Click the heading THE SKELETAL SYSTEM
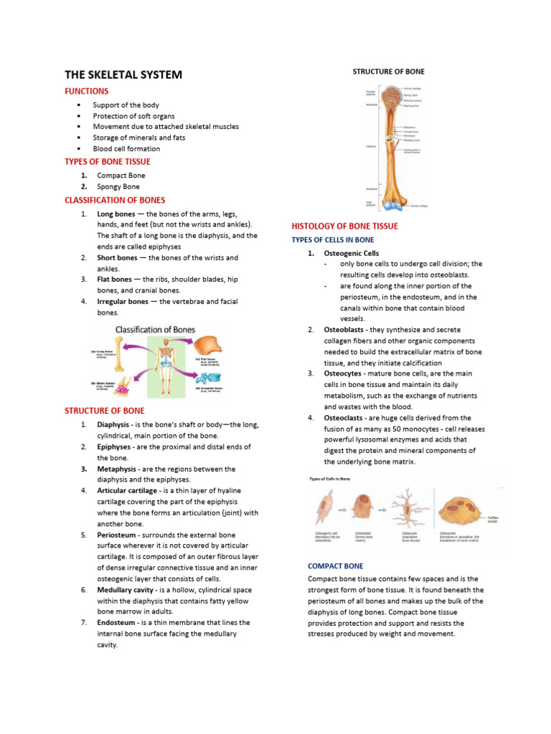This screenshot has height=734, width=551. coord(123,75)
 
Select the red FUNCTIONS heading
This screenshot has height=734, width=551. coord(87,92)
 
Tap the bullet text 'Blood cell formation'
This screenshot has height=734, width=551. coord(126,148)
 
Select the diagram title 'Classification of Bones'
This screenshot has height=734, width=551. coord(155,330)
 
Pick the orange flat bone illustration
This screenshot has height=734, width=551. coord(203,348)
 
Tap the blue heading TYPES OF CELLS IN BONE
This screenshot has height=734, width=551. coord(332,239)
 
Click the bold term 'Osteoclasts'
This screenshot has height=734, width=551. coord(347,417)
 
